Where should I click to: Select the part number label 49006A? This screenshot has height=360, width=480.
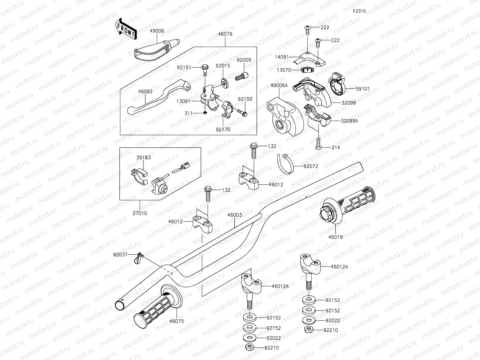pos(279,85)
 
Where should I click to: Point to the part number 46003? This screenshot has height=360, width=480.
pos(235,215)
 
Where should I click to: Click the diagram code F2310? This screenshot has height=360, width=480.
pos(359,11)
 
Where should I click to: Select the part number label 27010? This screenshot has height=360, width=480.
pos(140,213)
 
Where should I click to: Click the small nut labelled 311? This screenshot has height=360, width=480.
pos(205,113)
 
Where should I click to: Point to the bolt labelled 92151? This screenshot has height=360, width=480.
pos(204,69)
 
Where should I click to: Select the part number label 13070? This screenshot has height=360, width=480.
pos(284,70)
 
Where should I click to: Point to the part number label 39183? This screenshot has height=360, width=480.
pos(144,157)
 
